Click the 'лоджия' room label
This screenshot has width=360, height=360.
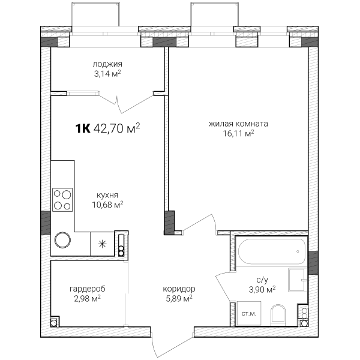(x=107, y=64)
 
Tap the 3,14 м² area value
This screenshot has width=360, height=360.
(x=107, y=74)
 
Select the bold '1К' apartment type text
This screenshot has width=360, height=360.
(x=83, y=128)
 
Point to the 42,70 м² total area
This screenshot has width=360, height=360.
(x=117, y=128)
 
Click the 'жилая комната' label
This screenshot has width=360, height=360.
(x=238, y=124)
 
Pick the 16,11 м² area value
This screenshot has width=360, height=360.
(x=239, y=133)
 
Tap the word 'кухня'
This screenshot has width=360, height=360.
(x=107, y=196)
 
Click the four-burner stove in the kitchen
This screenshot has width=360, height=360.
(x=62, y=200)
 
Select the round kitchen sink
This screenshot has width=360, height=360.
(x=62, y=240)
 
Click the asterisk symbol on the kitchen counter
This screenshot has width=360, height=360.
(x=102, y=244)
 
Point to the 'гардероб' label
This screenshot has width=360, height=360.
(x=88, y=289)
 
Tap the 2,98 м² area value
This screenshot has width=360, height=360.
(x=88, y=299)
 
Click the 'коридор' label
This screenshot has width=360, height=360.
(x=179, y=289)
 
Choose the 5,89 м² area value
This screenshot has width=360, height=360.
(x=179, y=299)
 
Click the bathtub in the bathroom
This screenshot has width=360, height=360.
(x=272, y=251)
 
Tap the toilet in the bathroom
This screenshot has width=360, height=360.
(x=278, y=315)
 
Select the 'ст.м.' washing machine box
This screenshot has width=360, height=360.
(x=249, y=313)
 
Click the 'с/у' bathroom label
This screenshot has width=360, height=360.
(x=262, y=280)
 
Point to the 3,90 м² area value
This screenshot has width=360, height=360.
(x=262, y=290)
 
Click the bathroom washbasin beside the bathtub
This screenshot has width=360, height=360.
(x=298, y=280)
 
